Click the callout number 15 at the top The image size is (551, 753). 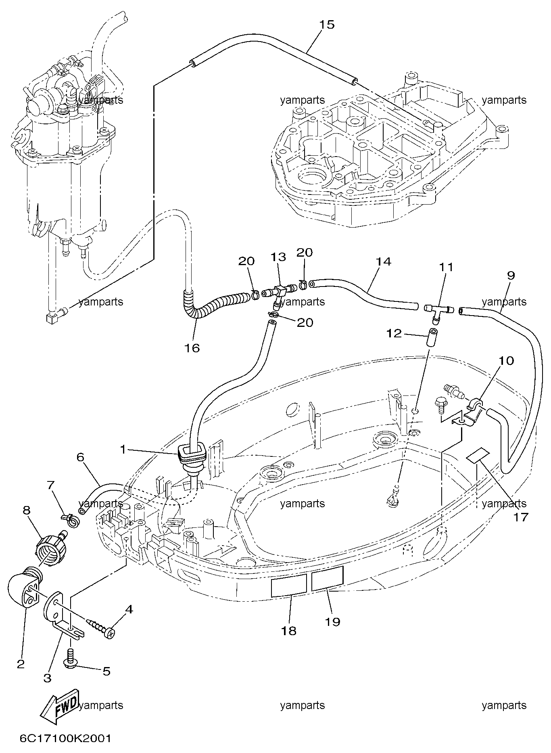point(327,25)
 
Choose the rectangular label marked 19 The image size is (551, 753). point(327,577)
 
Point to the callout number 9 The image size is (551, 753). point(511,276)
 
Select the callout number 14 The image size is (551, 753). point(384,262)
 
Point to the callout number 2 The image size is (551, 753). point(21,663)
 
